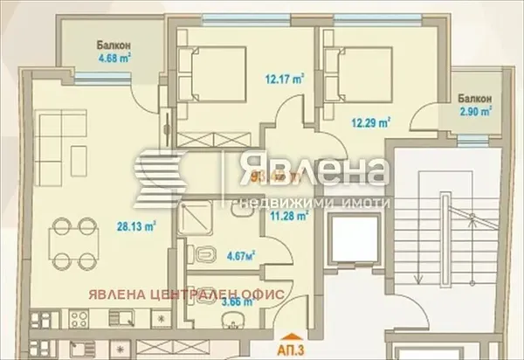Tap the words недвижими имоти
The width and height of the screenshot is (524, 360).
tap(309, 187)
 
